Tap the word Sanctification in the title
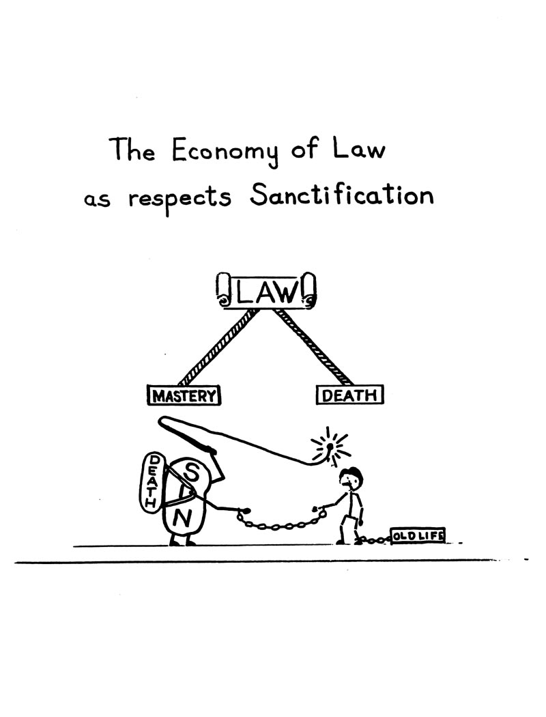pyautogui.click(x=341, y=196)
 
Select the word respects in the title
pyautogui.click(x=179, y=199)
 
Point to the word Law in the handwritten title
pyautogui.click(x=358, y=149)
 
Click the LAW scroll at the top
pyautogui.click(x=266, y=292)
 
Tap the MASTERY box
pyautogui.click(x=184, y=395)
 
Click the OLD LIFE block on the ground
pyautogui.click(x=417, y=535)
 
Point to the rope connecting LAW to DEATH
pyautogui.click(x=313, y=348)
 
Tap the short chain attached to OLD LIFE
pyautogui.click(x=373, y=540)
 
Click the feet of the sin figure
pyautogui.click(x=182, y=541)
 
